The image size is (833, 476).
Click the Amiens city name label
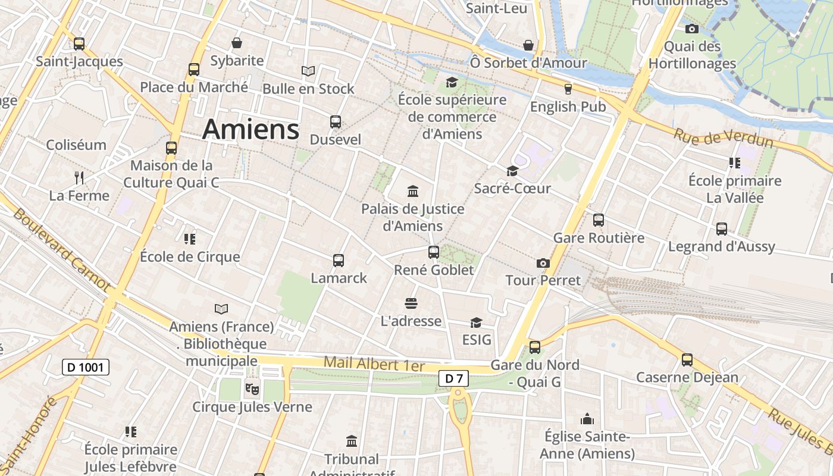point(250,129)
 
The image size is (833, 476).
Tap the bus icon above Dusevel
point(336,122)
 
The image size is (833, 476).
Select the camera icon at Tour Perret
point(543,263)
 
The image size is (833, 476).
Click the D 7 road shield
point(454,378)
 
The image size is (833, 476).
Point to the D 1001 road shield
point(86,367)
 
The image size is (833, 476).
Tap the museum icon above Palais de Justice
point(413,191)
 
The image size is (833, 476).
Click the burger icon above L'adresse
point(411,303)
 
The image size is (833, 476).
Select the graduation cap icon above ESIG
point(476,322)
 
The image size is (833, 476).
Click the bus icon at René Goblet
point(434,252)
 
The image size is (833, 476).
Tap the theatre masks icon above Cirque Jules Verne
point(252,390)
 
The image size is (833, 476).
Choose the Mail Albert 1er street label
point(375,364)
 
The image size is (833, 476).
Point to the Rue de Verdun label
point(723,138)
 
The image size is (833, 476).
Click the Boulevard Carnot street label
point(61,250)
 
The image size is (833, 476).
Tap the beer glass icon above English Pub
point(568,89)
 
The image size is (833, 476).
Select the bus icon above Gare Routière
point(599,220)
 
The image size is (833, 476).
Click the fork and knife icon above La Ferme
point(79,177)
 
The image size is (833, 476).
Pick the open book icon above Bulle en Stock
point(308,71)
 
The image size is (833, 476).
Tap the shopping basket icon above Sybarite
point(237,43)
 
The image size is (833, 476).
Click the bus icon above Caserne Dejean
point(687,360)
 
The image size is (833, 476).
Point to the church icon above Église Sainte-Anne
point(587,419)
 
